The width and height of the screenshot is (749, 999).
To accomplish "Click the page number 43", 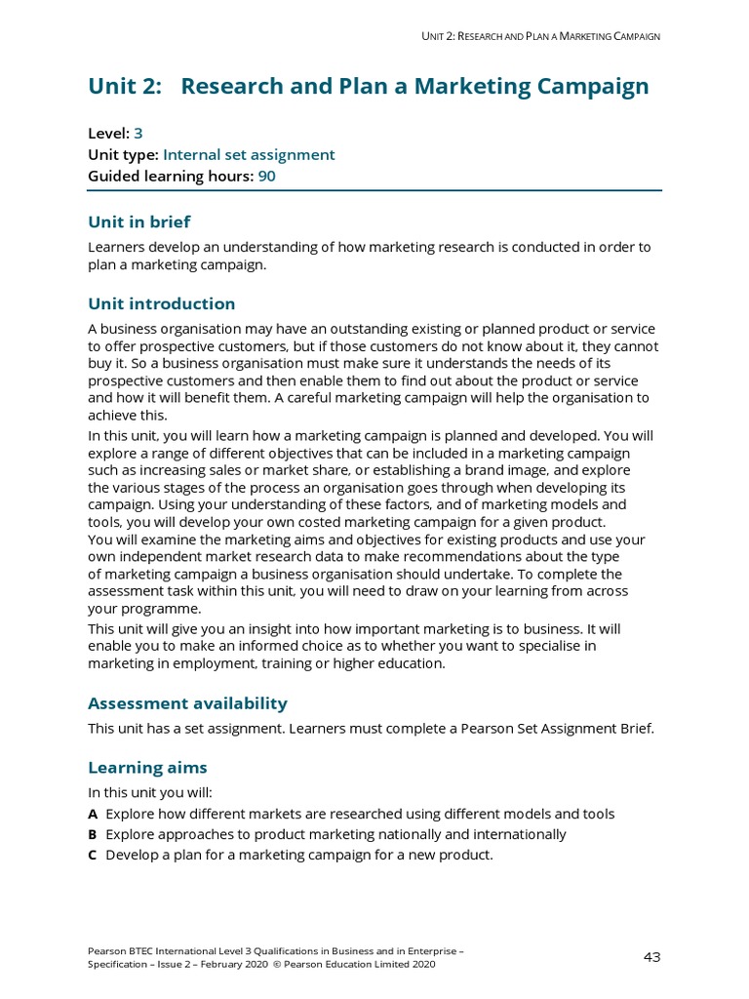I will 651,957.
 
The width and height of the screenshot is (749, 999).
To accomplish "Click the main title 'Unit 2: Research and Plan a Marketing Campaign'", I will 368,87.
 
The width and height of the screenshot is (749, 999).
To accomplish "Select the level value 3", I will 138,134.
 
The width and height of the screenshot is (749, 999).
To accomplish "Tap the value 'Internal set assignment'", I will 249,154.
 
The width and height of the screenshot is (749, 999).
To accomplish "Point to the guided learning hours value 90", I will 266,176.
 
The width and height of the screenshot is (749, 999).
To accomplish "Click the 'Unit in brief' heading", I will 139,221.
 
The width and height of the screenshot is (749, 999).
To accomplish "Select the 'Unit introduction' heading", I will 161,303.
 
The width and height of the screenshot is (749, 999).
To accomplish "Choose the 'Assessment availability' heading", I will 187,703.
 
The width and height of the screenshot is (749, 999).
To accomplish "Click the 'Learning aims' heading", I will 147,768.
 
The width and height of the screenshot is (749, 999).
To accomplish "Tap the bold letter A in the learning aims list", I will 93,814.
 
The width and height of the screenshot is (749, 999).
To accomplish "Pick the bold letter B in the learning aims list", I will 93,834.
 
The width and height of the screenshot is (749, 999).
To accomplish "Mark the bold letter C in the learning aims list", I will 93,855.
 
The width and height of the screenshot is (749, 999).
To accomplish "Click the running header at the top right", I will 540,36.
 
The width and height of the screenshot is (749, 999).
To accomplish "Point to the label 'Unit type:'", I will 123,154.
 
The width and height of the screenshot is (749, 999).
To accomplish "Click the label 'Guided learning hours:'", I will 171,176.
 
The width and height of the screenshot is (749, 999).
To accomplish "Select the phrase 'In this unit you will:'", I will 149,792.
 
